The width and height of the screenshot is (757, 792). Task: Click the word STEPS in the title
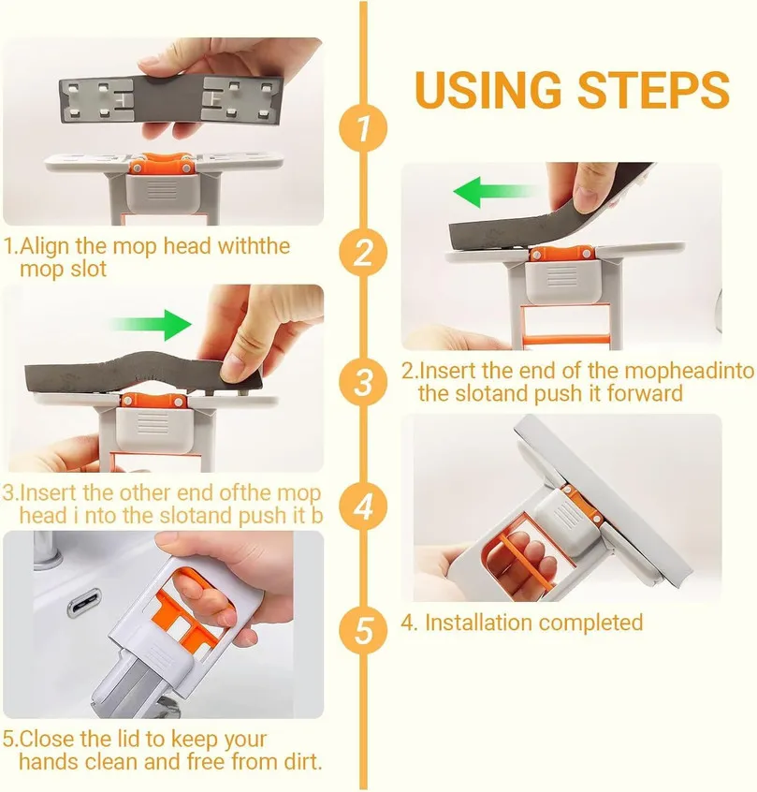(652, 90)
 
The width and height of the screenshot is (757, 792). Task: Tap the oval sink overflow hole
(90, 599)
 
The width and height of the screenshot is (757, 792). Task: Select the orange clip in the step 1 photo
(164, 164)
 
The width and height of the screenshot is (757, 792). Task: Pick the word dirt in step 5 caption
(300, 761)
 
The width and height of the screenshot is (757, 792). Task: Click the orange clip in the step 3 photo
(155, 400)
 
